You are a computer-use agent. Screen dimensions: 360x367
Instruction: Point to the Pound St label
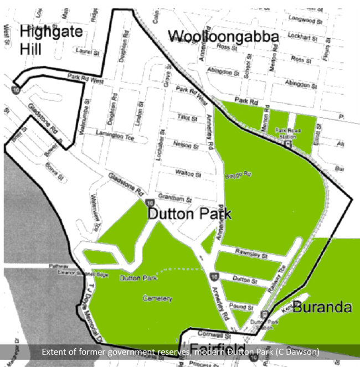[x=242, y=307]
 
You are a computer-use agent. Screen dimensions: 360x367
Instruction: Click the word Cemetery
[x=157, y=298]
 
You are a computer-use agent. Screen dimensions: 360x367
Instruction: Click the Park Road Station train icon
[x=288, y=144]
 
